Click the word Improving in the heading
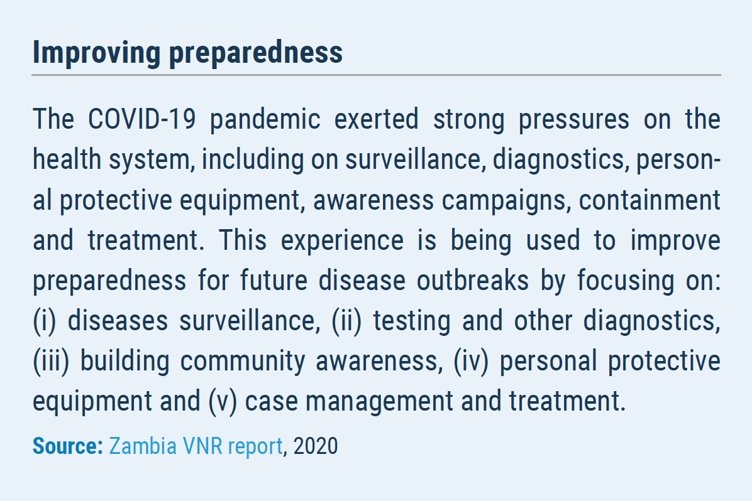pos(96,53)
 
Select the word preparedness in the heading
pos(256,53)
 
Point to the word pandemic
pos(265,120)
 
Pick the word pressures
pos(573,121)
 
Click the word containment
pos(650,200)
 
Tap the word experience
pos(342,241)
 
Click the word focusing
pos(626,281)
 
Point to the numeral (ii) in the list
pos(346,321)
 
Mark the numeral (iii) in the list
pos(51,362)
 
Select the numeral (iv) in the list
pos(470,362)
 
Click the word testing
pos(412,321)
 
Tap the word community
pos(243,362)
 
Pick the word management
pos(379,402)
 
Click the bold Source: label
pos(68,446)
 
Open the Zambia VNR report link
pos(196,446)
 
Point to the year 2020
pos(316,446)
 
